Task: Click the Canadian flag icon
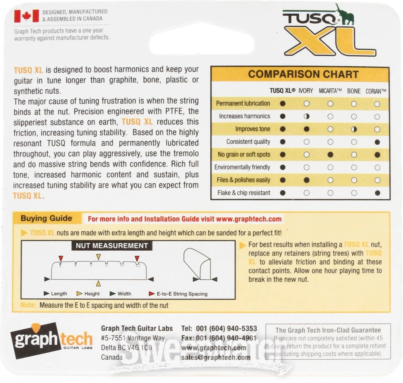pyautogui.click(x=27, y=16)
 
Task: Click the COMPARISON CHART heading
pyautogui.click(x=303, y=74)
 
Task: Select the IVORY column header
pyautogui.click(x=306, y=91)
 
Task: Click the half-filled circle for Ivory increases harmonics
pyautogui.click(x=306, y=116)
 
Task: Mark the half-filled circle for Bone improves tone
pyautogui.click(x=354, y=129)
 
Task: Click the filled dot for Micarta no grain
pyautogui.click(x=330, y=155)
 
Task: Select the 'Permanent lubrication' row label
pyautogui.click(x=243, y=104)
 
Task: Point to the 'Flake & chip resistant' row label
pyautogui.click(x=244, y=193)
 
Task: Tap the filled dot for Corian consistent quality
pyautogui.click(x=377, y=142)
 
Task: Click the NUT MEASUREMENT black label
pyautogui.click(x=112, y=246)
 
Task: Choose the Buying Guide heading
pyautogui.click(x=46, y=218)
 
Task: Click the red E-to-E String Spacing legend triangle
pyautogui.click(x=152, y=294)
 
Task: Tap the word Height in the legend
pyautogui.click(x=92, y=294)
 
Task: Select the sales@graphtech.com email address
pyautogui.click(x=216, y=358)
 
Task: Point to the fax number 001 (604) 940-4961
pyautogui.click(x=226, y=338)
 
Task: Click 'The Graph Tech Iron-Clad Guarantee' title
pyautogui.click(x=328, y=330)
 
